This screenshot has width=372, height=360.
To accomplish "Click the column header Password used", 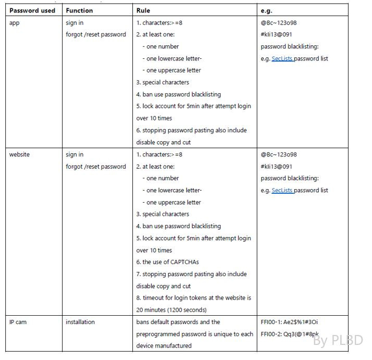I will (x=32, y=10).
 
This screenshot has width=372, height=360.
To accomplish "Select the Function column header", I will (x=79, y=10).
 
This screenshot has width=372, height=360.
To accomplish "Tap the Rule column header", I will (x=143, y=10).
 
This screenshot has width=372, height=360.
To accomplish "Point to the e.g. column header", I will (x=266, y=10).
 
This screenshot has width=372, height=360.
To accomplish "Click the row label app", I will (x=15, y=23).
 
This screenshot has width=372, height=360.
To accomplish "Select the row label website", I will (x=20, y=155).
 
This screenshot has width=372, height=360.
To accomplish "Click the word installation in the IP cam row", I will (x=80, y=322).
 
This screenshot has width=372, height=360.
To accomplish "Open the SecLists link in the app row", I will (x=282, y=59).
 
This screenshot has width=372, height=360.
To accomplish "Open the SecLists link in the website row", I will (x=282, y=191).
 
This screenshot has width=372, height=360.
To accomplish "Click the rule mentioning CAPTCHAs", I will (x=167, y=262).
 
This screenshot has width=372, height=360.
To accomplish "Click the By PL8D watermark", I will (x=338, y=341).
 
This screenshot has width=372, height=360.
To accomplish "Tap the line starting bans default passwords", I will (x=178, y=322).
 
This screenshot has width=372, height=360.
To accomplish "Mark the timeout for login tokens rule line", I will (x=193, y=298).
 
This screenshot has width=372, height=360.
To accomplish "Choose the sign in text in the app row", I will (x=75, y=23).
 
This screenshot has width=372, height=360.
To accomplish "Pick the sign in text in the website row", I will (x=75, y=155).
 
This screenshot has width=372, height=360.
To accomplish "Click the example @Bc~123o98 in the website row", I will (x=279, y=155).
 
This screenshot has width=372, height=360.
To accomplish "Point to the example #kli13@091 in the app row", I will (x=278, y=35).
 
